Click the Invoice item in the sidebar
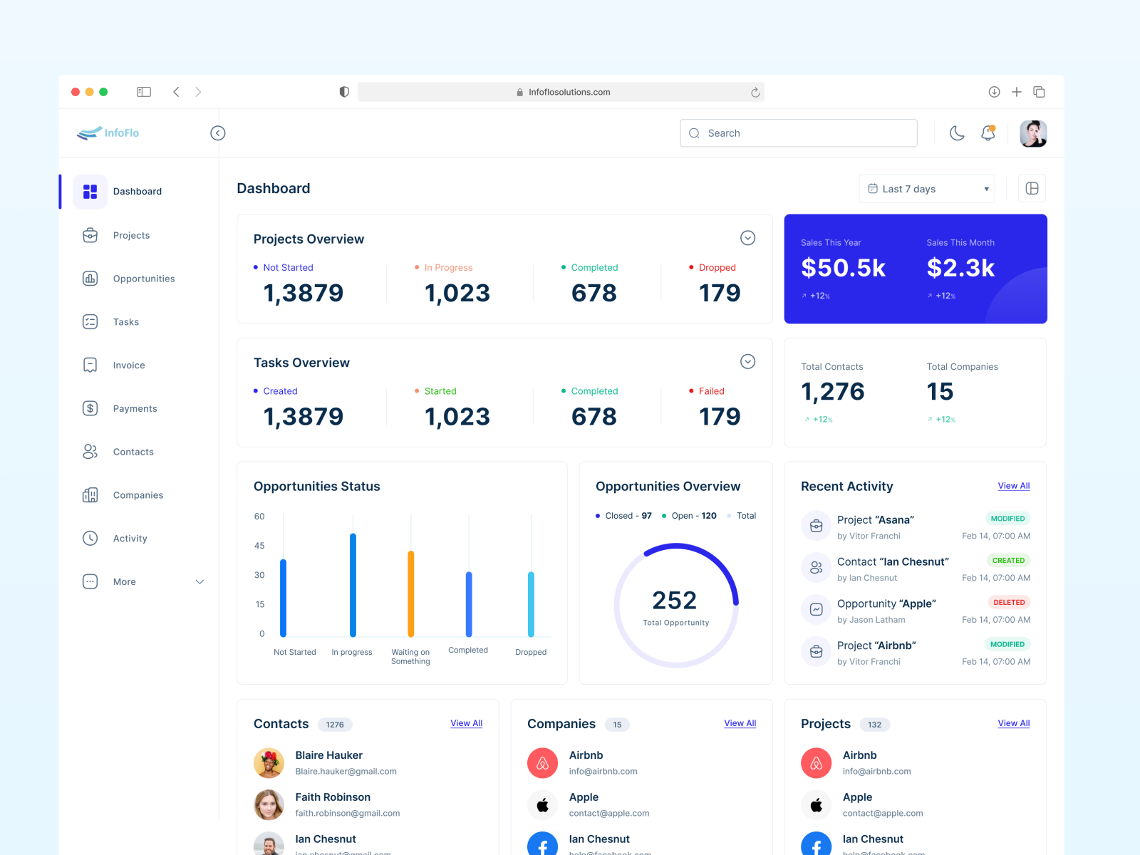tap(128, 366)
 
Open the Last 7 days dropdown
tap(926, 189)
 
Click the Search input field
tap(798, 133)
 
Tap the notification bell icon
tap(988, 133)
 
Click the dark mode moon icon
tap(957, 133)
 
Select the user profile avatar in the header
tap(1032, 133)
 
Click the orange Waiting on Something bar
tap(411, 594)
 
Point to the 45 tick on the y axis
tap(259, 546)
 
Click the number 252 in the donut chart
tap(674, 600)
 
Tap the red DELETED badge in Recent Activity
tap(1009, 603)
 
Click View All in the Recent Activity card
tap(1013, 486)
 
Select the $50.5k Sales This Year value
tap(843, 268)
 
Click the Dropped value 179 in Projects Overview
tap(719, 293)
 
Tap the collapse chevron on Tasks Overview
tap(747, 362)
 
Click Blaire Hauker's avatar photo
tap(269, 763)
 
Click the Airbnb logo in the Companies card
tap(542, 763)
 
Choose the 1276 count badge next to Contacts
tap(335, 725)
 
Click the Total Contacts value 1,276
tap(832, 392)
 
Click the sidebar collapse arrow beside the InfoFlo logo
tap(218, 133)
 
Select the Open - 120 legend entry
tap(689, 516)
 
